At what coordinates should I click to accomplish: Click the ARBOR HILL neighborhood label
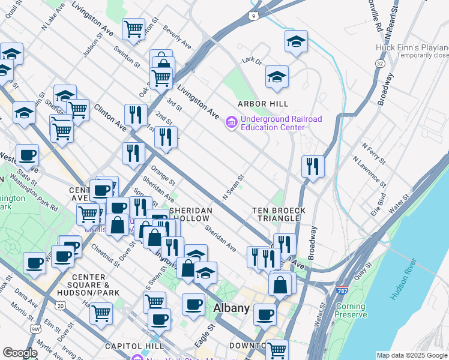click(x=259, y=104)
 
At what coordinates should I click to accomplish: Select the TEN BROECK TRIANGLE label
click(x=279, y=215)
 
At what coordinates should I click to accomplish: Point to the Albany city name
click(x=232, y=308)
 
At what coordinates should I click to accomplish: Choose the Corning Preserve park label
click(x=351, y=310)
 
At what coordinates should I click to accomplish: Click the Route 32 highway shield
click(x=379, y=63)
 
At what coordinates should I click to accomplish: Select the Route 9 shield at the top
click(x=255, y=15)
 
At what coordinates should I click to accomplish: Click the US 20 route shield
click(x=61, y=307)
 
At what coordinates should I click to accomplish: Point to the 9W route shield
click(x=35, y=328)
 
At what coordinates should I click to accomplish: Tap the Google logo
click(x=20, y=352)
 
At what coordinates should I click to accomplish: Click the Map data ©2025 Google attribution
click(x=411, y=355)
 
